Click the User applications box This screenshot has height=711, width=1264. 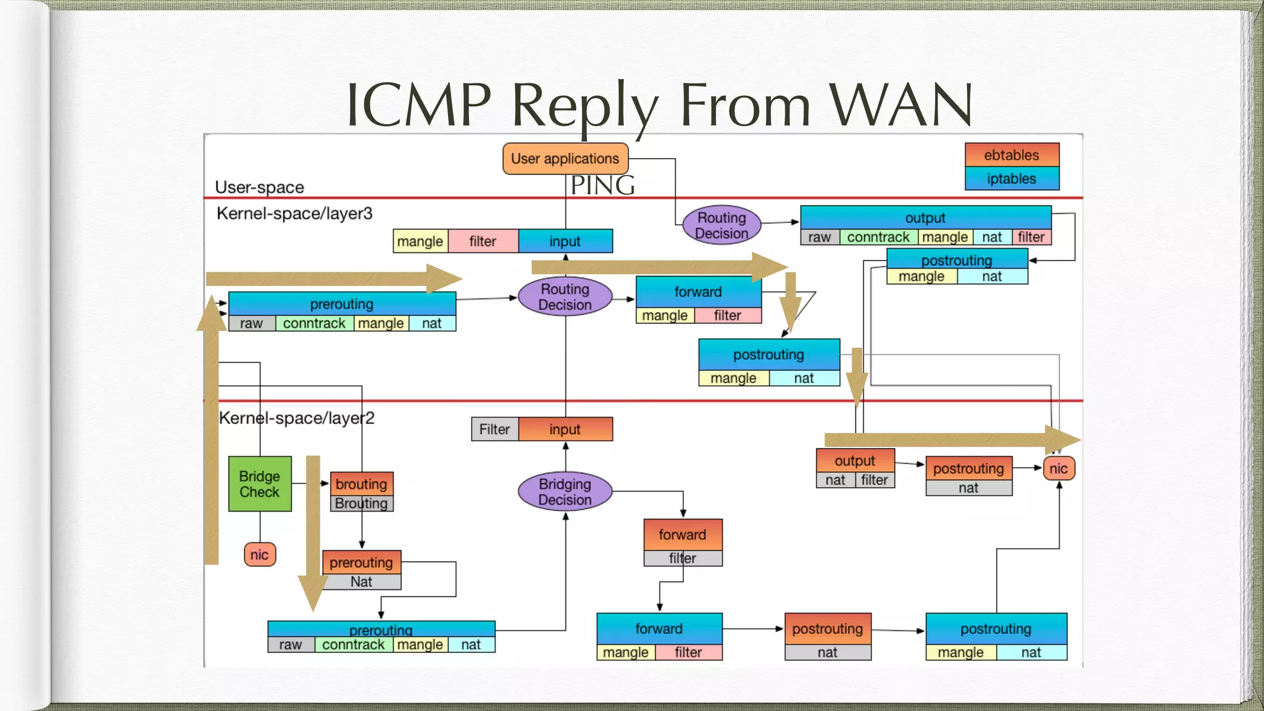click(x=565, y=159)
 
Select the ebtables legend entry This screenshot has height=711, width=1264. click(x=1011, y=155)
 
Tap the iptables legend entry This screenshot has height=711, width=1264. click(x=1011, y=179)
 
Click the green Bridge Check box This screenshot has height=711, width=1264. click(x=260, y=484)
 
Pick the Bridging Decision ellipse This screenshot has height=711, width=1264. click(x=565, y=492)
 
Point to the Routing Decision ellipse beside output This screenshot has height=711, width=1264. click(x=721, y=225)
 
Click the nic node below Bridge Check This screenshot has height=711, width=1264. click(x=259, y=554)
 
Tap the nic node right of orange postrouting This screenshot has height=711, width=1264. click(x=1058, y=468)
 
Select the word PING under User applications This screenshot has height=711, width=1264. click(x=602, y=185)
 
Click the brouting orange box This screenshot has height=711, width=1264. click(x=362, y=484)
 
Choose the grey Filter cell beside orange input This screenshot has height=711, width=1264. click(x=494, y=430)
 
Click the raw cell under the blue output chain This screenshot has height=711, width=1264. click(x=819, y=238)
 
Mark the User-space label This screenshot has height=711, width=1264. click(x=259, y=187)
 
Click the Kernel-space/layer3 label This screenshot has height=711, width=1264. click(x=294, y=214)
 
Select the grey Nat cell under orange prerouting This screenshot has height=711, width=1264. click(x=361, y=582)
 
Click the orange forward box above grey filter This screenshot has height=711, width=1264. click(x=682, y=534)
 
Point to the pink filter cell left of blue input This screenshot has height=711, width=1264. click(x=483, y=241)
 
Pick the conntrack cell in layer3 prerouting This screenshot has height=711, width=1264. click(x=314, y=323)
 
